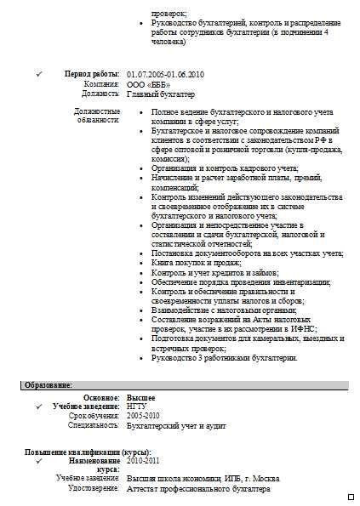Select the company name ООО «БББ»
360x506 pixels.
(x=148, y=85)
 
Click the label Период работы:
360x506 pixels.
(x=93, y=76)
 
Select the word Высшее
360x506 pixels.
(x=140, y=397)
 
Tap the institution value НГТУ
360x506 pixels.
(x=136, y=407)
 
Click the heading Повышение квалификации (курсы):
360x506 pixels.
(x=89, y=451)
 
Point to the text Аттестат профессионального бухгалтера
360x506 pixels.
(x=198, y=490)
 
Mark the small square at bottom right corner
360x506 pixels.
(x=351, y=496)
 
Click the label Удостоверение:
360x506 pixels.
(x=94, y=490)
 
